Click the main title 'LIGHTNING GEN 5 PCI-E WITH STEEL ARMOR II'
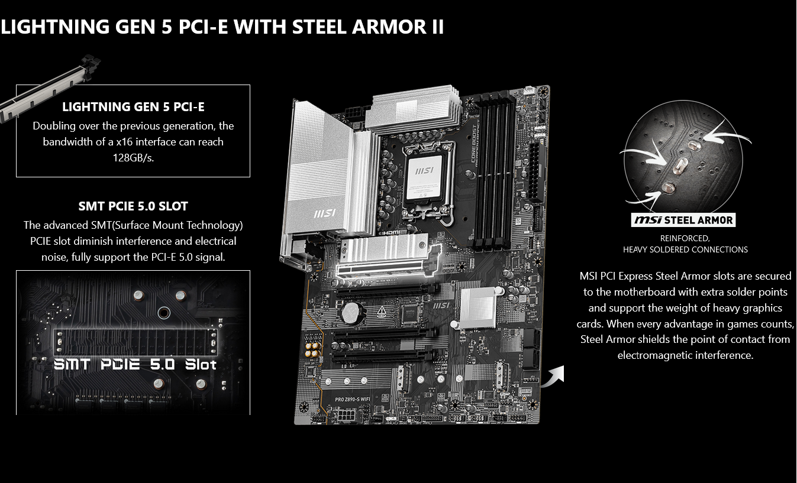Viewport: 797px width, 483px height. click(x=222, y=27)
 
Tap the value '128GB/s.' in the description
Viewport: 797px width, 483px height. click(x=134, y=158)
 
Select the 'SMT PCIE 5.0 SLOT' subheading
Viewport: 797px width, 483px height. click(x=133, y=206)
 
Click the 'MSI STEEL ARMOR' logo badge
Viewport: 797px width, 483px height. click(x=683, y=220)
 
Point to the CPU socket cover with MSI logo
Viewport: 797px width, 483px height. click(x=424, y=177)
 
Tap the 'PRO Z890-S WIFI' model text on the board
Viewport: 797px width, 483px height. click(x=353, y=399)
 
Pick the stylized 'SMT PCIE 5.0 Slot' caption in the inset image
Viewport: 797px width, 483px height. click(x=135, y=365)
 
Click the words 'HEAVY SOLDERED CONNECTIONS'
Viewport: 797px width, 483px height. click(x=685, y=249)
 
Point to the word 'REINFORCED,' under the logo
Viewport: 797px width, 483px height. click(x=685, y=238)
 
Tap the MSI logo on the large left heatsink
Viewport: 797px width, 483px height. click(x=324, y=213)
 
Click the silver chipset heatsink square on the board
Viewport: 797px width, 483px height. click(x=478, y=308)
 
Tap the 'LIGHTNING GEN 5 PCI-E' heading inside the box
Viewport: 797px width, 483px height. click(x=134, y=106)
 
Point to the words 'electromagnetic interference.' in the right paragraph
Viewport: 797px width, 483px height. click(x=685, y=355)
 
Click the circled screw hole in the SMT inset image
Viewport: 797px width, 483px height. click(x=164, y=313)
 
